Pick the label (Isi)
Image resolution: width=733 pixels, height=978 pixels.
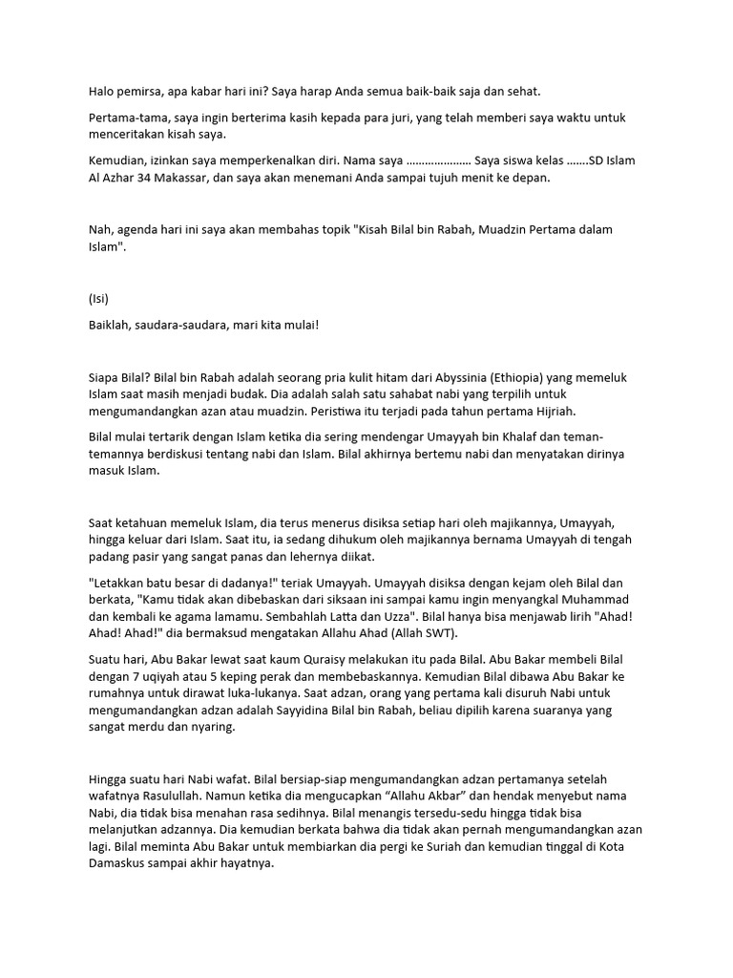pos(98,298)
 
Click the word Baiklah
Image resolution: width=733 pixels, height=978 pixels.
pos(111,325)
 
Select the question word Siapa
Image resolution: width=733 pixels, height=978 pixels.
pos(105,377)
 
